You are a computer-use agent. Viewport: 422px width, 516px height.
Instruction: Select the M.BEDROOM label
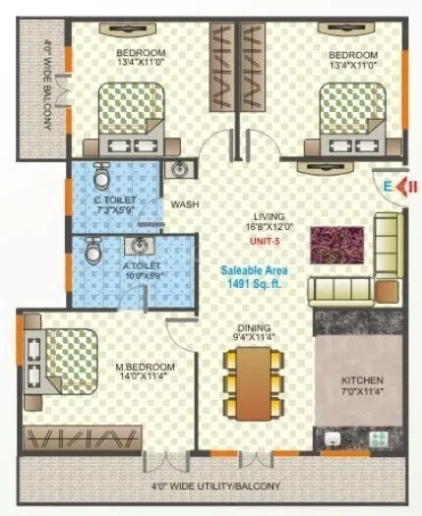(x=145, y=370)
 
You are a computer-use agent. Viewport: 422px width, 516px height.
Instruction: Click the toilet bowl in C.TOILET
(x=100, y=179)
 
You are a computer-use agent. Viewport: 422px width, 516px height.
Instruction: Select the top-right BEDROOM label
(x=353, y=54)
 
